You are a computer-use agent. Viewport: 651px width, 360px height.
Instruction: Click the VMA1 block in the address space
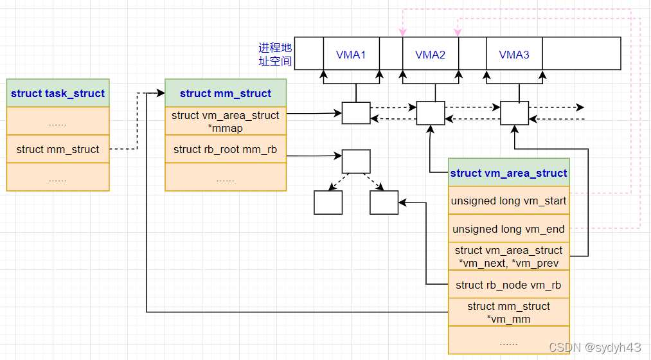coord(351,54)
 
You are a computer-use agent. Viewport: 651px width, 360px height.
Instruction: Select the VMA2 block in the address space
coord(431,54)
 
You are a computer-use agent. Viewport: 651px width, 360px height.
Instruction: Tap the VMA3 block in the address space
coord(514,54)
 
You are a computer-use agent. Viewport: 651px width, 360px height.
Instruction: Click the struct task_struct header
coord(58,93)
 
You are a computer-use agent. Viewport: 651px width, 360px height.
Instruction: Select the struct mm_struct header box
coord(226,93)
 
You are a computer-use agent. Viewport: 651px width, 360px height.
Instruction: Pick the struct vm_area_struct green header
coord(508,173)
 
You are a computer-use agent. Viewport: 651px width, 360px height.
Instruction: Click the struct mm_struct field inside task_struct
coord(58,149)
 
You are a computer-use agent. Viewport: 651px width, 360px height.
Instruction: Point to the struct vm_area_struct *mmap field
coord(226,122)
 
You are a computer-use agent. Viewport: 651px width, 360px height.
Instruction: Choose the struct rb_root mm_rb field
coord(226,149)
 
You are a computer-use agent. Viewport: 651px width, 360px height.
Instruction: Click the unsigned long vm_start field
coord(508,201)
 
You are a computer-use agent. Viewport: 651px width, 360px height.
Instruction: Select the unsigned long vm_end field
coord(508,229)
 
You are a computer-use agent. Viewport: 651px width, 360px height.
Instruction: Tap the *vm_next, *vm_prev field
coord(508,256)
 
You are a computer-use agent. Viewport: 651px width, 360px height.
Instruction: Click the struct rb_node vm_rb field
coord(508,285)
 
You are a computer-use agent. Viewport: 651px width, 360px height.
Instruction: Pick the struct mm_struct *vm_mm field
coord(508,312)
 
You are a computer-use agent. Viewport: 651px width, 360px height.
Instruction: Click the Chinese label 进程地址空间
coord(275,55)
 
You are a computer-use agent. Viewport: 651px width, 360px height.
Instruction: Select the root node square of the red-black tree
coord(356,161)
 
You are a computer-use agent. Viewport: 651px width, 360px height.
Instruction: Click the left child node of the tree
coord(328,203)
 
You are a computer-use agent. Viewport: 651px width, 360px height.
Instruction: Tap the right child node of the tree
coord(384,203)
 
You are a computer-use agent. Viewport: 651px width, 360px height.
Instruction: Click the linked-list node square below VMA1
coord(356,113)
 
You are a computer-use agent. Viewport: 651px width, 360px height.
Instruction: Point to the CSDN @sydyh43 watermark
coord(594,347)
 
